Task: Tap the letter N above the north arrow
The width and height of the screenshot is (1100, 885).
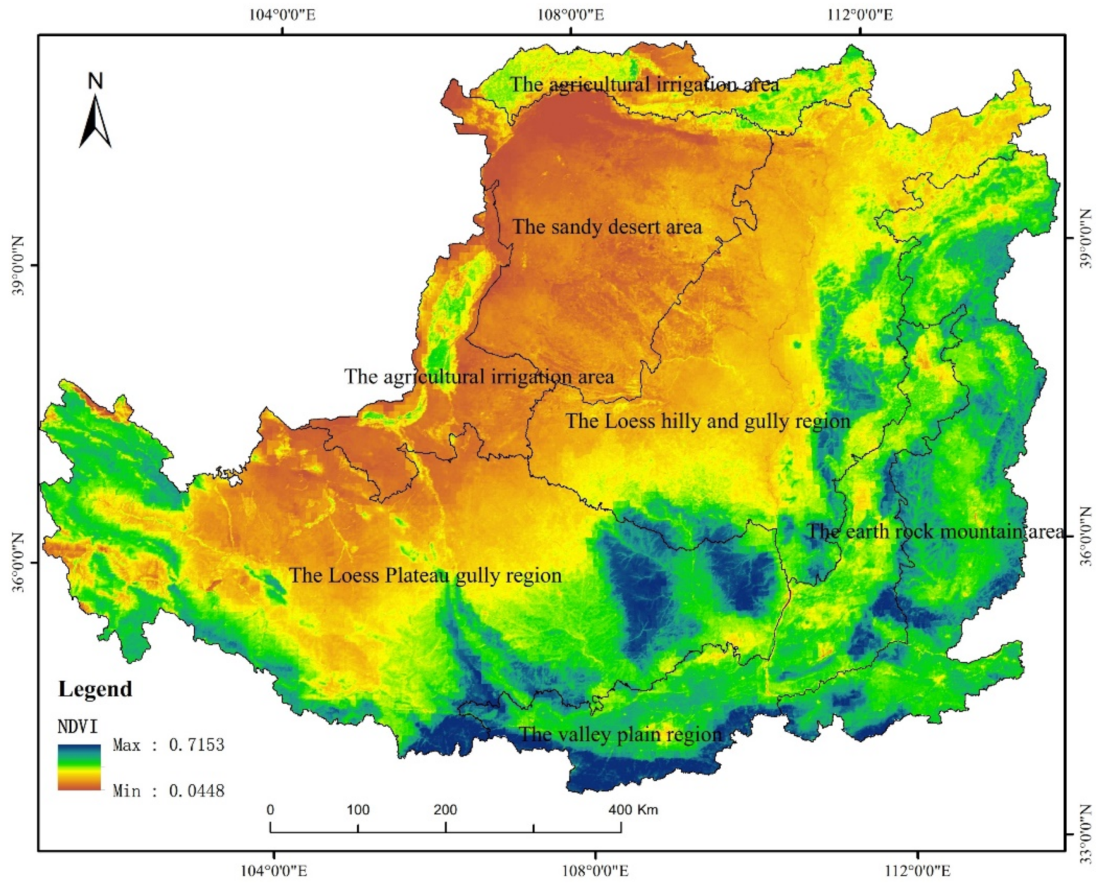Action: [95, 81]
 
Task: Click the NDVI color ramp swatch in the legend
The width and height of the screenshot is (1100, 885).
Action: [79, 768]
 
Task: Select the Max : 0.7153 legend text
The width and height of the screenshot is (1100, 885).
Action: [168, 745]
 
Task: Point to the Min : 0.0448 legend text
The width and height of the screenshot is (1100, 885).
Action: [168, 791]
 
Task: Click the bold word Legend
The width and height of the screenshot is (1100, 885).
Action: [95, 689]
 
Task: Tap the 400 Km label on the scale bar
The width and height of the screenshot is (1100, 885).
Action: [633, 810]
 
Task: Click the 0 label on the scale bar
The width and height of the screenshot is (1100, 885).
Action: [270, 810]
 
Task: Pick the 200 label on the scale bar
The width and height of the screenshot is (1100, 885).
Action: [445, 810]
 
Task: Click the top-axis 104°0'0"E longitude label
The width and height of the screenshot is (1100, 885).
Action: [282, 14]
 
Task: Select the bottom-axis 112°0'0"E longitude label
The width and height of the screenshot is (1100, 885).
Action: [917, 871]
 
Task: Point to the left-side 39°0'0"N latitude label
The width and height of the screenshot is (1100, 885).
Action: [18, 265]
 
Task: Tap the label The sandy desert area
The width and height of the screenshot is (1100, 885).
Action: [607, 227]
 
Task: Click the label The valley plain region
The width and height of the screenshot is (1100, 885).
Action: [620, 735]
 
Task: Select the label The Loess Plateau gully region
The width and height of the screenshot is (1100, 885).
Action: [426, 576]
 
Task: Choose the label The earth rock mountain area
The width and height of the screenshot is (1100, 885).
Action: [935, 531]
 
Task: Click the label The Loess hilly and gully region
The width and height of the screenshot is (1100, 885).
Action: [708, 421]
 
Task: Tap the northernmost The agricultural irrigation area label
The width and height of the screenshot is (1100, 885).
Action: [644, 84]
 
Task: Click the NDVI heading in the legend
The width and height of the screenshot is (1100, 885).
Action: [77, 727]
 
